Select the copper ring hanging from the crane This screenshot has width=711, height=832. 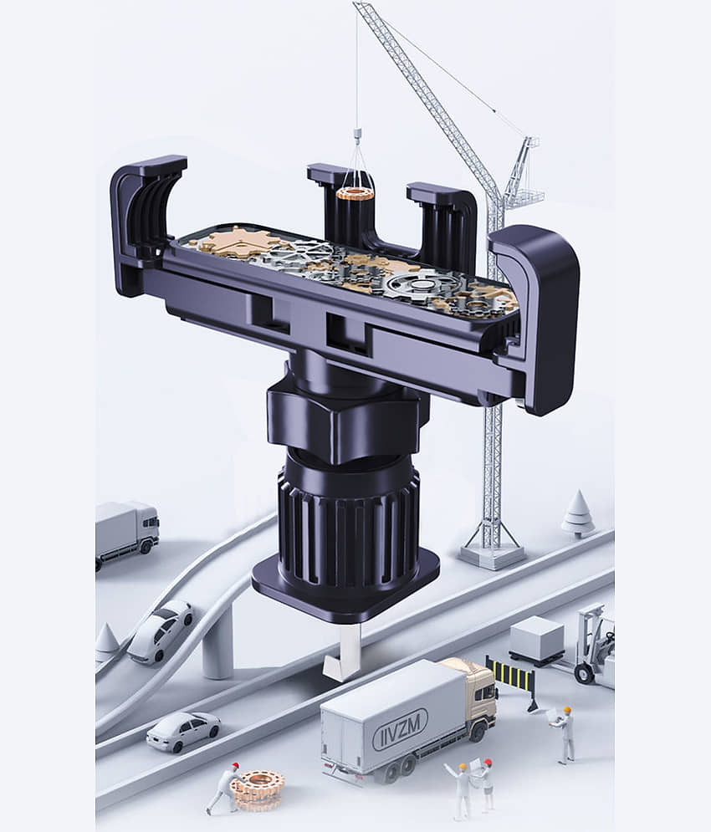pyautogui.click(x=355, y=194)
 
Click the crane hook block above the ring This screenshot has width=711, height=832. pyautogui.click(x=357, y=135)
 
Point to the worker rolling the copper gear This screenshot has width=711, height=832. pyautogui.click(x=225, y=788)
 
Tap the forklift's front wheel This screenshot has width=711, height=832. pyautogui.click(x=585, y=673)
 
